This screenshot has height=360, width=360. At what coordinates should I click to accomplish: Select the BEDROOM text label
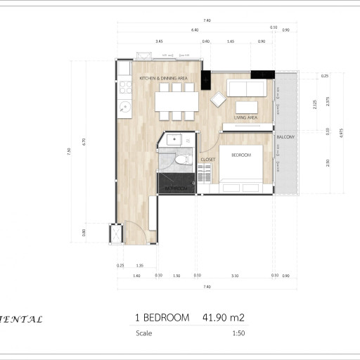240,155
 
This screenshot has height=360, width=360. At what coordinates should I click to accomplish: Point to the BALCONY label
285,136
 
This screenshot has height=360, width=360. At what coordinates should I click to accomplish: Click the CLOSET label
207,160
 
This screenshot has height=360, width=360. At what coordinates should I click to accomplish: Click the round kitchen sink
124,107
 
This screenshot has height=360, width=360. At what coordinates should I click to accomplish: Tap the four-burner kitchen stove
125,86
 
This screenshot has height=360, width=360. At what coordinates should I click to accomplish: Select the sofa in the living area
247,88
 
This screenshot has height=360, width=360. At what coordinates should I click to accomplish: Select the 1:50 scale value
238,333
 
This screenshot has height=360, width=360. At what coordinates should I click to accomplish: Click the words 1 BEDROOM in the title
162,318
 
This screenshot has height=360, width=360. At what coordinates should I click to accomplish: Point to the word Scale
144,333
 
